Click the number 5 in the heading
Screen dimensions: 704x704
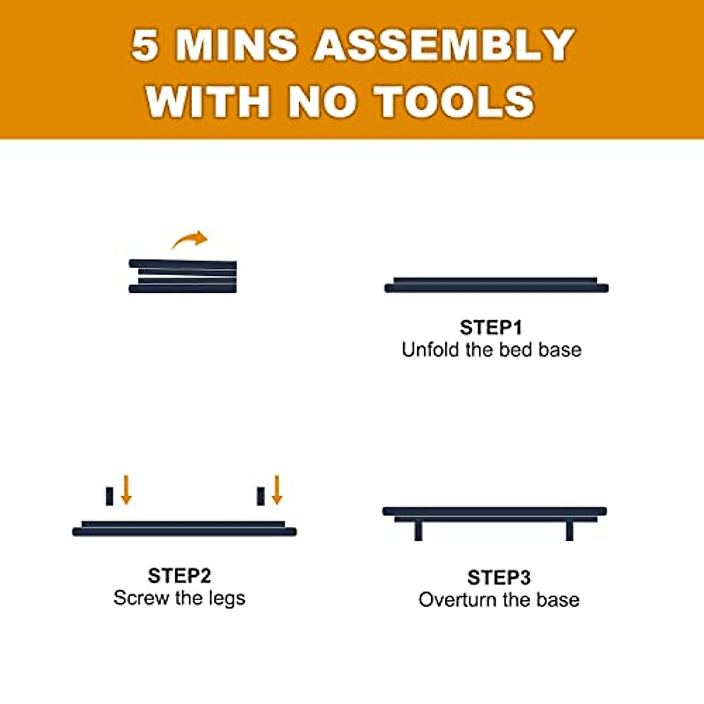144,45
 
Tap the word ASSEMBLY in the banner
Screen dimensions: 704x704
444,45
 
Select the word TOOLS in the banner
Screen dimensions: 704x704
455,101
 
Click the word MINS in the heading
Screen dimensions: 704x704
236,45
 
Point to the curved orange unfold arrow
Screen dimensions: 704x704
190,239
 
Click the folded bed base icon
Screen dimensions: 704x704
182,276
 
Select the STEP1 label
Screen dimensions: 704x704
490,327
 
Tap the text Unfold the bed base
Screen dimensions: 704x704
492,350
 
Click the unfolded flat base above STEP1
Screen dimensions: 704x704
496,285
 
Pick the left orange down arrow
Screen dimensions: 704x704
126,490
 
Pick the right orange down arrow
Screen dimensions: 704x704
277,490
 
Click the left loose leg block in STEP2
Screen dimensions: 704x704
109,496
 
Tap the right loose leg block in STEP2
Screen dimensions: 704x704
260,496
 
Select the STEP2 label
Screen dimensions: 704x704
179,576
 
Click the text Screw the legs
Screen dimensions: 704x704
179,598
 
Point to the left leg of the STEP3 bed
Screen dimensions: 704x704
418,530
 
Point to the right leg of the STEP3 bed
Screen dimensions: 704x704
569,530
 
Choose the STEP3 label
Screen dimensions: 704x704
499,577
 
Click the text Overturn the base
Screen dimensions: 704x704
499,600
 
